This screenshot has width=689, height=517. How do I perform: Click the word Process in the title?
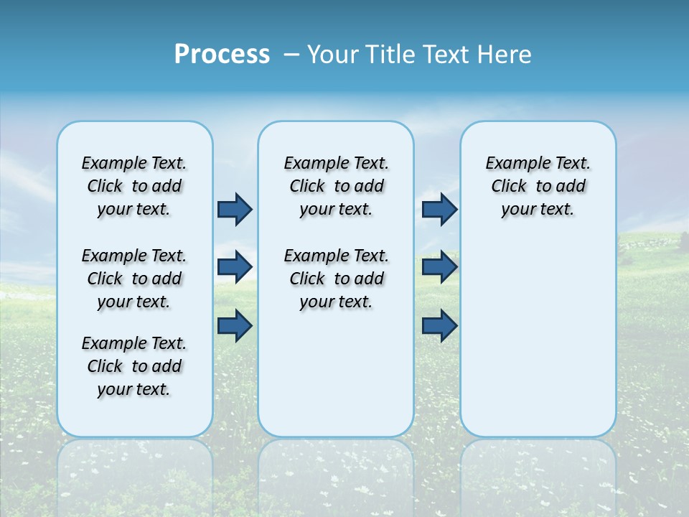[222, 55]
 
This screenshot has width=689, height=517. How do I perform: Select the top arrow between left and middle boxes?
[235, 209]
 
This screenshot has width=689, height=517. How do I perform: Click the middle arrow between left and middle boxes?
[235, 267]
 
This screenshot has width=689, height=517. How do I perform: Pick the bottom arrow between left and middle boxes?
[235, 325]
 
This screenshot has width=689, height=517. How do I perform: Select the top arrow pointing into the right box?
[439, 209]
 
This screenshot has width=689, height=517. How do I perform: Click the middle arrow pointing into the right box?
[439, 267]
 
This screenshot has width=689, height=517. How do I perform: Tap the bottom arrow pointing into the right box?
[439, 325]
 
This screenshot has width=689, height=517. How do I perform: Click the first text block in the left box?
[134, 186]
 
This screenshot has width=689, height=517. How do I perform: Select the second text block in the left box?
[134, 279]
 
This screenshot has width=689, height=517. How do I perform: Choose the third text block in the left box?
[134, 366]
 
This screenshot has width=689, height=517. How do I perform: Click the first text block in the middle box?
[336, 186]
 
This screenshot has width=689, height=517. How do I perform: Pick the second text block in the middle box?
[336, 279]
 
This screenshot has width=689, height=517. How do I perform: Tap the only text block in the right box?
[538, 186]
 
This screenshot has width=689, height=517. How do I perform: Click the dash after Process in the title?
[291, 55]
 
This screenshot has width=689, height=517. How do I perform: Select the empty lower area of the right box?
[538, 345]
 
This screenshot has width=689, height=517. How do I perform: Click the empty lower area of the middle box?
[336, 373]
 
